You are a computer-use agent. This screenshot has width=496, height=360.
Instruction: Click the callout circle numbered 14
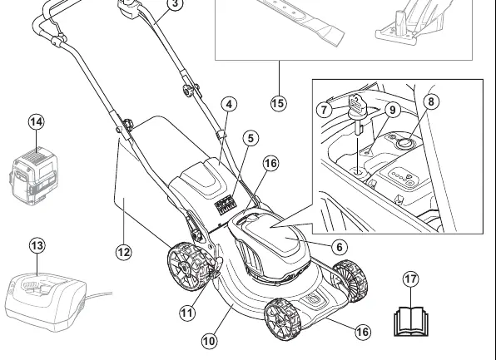click(37, 122)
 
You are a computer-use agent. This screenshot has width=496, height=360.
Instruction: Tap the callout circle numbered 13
click(37, 245)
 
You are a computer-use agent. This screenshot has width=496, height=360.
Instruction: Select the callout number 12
click(124, 252)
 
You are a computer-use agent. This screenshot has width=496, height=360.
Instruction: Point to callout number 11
click(187, 313)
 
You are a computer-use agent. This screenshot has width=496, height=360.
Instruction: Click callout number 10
click(209, 341)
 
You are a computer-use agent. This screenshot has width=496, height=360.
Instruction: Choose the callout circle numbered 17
click(410, 279)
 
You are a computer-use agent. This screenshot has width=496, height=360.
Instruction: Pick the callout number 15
click(278, 103)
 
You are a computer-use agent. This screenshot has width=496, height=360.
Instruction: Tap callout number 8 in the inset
click(431, 101)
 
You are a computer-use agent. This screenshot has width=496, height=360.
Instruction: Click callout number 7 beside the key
click(325, 110)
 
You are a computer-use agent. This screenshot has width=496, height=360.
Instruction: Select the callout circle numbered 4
click(230, 104)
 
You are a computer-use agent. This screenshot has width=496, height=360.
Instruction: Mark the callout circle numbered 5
click(250, 138)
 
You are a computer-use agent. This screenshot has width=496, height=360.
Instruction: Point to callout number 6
click(340, 247)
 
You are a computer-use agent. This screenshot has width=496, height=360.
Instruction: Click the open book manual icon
click(410, 322)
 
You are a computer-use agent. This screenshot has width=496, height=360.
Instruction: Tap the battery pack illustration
click(35, 175)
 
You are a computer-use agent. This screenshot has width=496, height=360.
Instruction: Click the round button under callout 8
click(404, 143)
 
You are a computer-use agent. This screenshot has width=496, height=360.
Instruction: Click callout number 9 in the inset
click(393, 110)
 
